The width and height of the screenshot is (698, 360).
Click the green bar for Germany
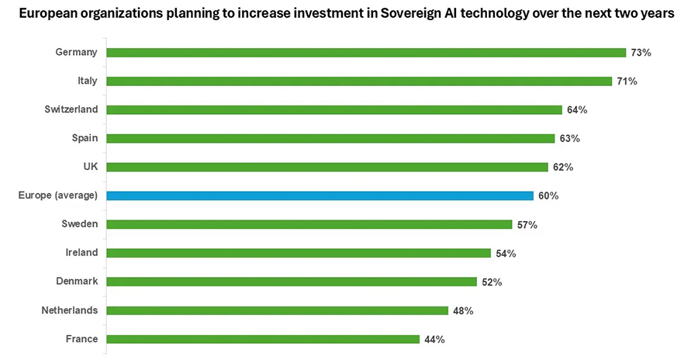click(x=365, y=53)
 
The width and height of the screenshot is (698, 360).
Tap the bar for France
click(x=263, y=339)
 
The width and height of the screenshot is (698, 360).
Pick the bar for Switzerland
click(x=333, y=110)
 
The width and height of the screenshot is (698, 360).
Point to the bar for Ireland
click(x=299, y=253)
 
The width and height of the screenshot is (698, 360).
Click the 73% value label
click(x=641, y=53)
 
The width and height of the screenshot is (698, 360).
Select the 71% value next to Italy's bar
click(x=627, y=81)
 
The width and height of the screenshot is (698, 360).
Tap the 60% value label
click(x=548, y=196)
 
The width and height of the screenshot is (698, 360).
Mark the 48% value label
click(x=463, y=310)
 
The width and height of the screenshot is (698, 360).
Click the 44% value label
click(x=434, y=339)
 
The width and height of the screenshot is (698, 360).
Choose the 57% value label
click(x=527, y=225)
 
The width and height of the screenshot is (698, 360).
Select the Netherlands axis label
click(x=70, y=310)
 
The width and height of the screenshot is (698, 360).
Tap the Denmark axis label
click(x=76, y=282)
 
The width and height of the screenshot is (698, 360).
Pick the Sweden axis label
click(x=79, y=224)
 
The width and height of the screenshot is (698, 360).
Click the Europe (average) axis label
click(x=57, y=196)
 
